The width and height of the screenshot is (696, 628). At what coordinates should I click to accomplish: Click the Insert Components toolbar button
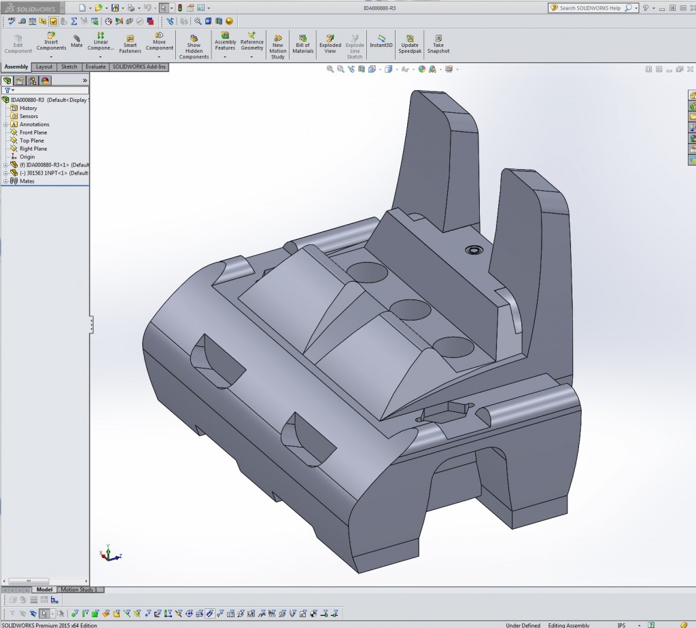(51, 43)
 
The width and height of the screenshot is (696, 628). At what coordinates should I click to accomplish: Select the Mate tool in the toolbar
(76, 41)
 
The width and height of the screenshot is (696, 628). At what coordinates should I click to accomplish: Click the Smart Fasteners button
(130, 44)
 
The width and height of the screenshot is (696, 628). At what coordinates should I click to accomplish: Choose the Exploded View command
(330, 44)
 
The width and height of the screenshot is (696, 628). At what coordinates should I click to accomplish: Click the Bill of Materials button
(302, 44)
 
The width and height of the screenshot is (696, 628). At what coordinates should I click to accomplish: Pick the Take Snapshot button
(438, 44)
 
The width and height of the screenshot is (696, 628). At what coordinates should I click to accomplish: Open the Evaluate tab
(95, 67)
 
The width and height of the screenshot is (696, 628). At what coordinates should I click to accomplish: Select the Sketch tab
(69, 67)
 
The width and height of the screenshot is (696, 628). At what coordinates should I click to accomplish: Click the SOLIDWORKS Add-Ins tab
(139, 67)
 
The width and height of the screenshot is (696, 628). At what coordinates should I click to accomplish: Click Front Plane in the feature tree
(33, 132)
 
